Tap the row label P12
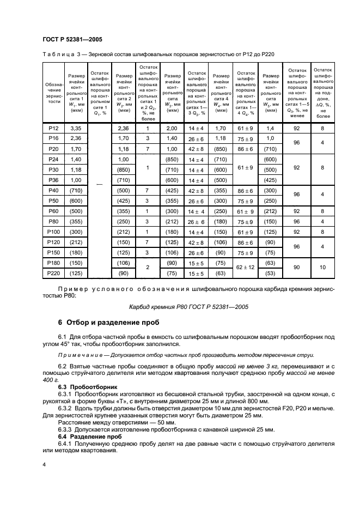[x=53, y=128]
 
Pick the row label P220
[x=53, y=274]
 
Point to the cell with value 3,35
[x=76, y=128]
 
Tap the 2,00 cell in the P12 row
[x=173, y=128]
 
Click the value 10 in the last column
[x=323, y=268]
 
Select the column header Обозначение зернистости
[x=53, y=93]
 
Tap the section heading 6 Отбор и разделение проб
[x=114, y=325]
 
